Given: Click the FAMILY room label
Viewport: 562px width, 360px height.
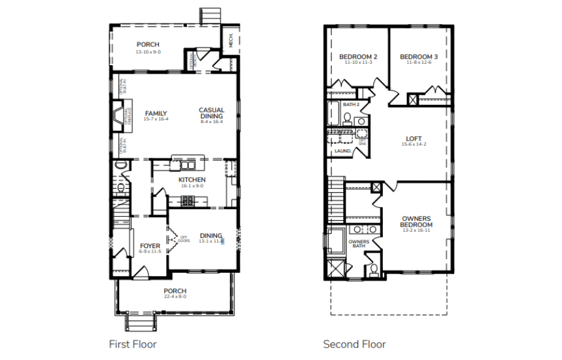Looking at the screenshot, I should click(x=156, y=113).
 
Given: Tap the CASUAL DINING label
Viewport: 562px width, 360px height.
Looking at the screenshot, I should click(x=212, y=113).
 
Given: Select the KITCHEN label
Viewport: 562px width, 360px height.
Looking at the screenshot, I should click(x=192, y=180).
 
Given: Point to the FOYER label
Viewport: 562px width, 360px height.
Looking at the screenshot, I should click(x=150, y=245).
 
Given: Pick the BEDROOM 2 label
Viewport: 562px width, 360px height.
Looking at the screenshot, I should click(x=358, y=57).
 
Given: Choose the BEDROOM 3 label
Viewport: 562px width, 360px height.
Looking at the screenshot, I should click(x=419, y=57).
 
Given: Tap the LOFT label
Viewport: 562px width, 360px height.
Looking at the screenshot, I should click(x=414, y=138).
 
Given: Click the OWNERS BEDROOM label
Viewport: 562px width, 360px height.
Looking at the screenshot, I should click(x=416, y=221).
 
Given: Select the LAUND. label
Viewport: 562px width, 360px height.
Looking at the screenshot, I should click(x=343, y=151).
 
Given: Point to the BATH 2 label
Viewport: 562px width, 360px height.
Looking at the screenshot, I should click(x=351, y=104).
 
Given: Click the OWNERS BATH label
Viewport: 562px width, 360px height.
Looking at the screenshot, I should click(x=359, y=244).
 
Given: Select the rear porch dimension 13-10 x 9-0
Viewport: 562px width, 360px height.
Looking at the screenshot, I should click(x=148, y=51).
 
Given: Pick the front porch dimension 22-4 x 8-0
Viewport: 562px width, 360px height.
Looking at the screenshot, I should click(x=175, y=297).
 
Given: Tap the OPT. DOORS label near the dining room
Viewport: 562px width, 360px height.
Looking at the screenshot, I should click(x=184, y=238).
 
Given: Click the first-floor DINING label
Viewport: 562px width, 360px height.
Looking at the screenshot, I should click(x=211, y=236).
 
